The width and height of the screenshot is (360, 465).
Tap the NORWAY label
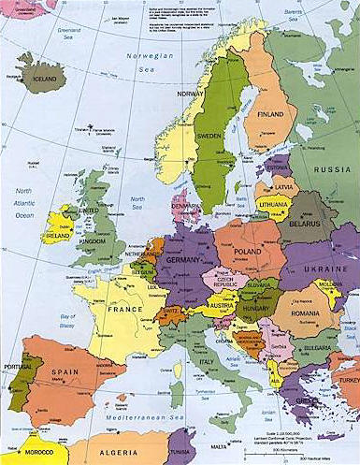(190, 94)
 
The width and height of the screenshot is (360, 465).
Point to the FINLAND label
(270, 114)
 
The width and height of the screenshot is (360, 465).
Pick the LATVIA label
(283, 190)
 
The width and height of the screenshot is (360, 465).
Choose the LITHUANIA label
(274, 204)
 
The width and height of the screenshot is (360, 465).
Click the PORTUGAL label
(16, 366)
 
